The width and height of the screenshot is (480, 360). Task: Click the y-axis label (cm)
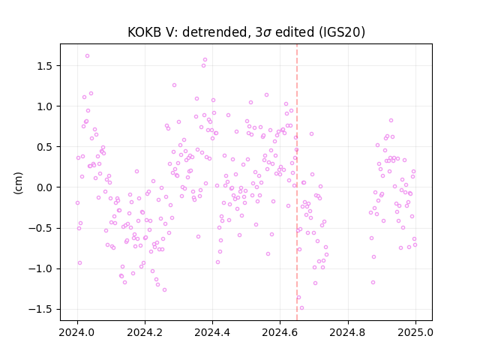tap(18, 183)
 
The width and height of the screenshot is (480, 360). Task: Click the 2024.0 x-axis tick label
tap(77, 332)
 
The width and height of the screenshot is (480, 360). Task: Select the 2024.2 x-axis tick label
tap(145, 332)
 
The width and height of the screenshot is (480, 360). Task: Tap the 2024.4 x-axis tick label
tap(212, 332)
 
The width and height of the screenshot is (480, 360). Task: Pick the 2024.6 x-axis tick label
tap(280, 332)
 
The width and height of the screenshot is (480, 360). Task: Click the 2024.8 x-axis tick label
tap(348, 332)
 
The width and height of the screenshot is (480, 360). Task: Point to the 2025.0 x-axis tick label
tap(415, 332)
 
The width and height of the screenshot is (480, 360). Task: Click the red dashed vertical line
tap(297, 182)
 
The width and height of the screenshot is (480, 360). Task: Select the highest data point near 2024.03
tap(87, 56)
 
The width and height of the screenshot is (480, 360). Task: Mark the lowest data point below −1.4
tap(301, 308)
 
